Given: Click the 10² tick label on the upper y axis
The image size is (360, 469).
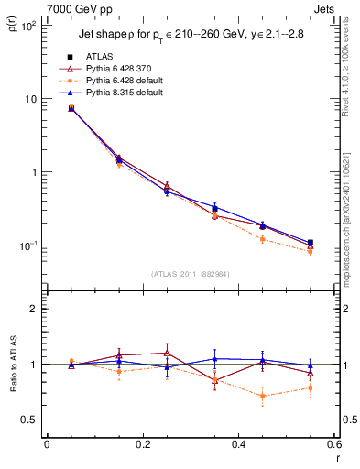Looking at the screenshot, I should [27, 26].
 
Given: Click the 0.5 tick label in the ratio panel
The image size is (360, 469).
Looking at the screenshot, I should [30, 420].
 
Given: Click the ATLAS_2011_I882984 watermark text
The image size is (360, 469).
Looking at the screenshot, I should [190, 273].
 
